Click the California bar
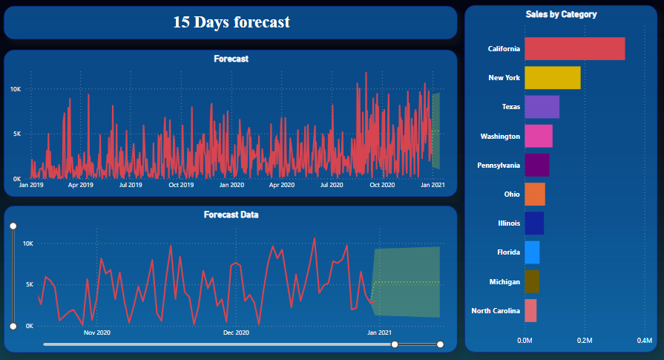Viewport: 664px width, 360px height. coord(574,49)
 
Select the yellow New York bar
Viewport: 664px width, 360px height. coord(552,78)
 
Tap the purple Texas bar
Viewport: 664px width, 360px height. coord(542,107)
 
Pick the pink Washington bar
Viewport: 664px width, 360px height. coord(538,136)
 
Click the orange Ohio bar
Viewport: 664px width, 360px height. coord(534,194)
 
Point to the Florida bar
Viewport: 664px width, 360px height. coord(532,252)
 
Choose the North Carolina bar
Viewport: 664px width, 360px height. coord(530,310)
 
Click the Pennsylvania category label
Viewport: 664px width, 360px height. coord(495,166)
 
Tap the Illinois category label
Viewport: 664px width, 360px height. coord(504,223)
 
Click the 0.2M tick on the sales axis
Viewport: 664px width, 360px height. coord(585,341)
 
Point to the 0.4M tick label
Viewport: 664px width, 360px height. coord(644,341)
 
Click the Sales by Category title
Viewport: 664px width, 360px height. coord(561,14)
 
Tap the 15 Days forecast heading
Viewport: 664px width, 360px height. coord(231,22)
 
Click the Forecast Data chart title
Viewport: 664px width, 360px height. coord(231,215)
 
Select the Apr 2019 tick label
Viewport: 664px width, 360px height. coord(81,185)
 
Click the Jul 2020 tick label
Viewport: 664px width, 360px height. coord(332,185)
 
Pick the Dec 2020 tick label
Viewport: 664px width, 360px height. coord(236,333)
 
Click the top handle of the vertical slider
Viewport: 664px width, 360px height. coord(13,226)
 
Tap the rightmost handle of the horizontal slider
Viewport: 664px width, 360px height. coord(440,344)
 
